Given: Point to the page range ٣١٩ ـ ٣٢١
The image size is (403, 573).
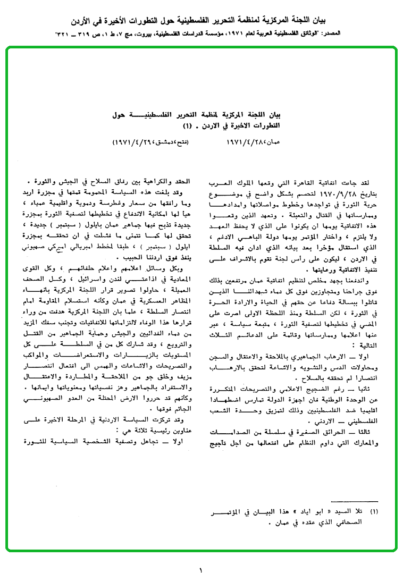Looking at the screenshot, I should tap(69, 33).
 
